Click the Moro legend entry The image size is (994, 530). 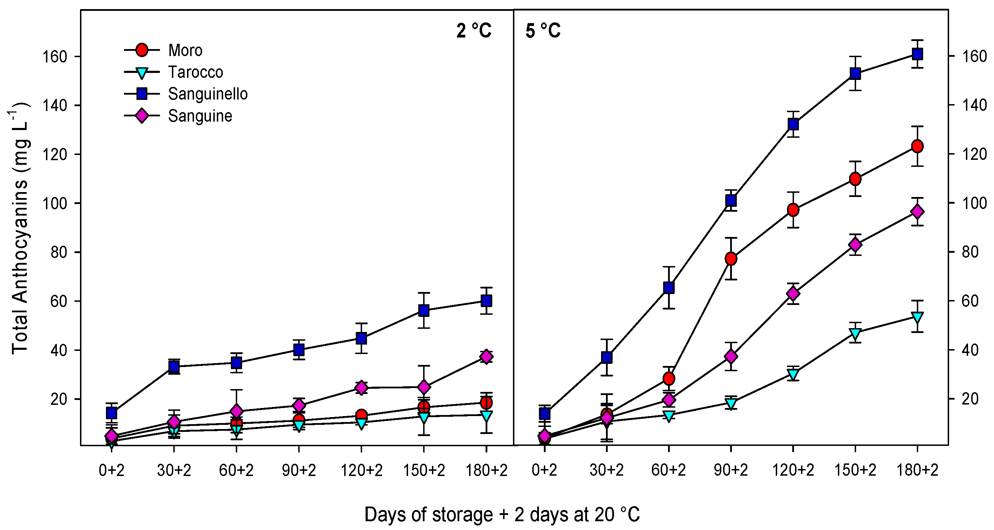[x=185, y=50]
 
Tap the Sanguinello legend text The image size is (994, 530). [x=208, y=94]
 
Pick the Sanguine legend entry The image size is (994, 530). [x=200, y=116]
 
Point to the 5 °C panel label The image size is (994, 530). [x=542, y=31]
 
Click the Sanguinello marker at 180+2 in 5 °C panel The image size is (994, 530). [x=917, y=54]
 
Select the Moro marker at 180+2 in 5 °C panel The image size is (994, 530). [x=917, y=146]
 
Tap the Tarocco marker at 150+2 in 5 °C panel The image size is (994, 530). [x=855, y=333]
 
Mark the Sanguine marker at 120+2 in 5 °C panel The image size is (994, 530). [x=793, y=294]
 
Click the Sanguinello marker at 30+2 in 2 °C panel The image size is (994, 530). [x=174, y=367]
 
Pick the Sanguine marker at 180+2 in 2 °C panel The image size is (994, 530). [x=486, y=357]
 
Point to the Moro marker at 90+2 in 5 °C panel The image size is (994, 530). [x=731, y=259]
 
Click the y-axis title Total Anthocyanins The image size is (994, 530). [x=20, y=227]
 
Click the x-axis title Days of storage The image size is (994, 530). [x=502, y=514]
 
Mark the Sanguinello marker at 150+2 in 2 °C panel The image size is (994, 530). [x=424, y=310]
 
